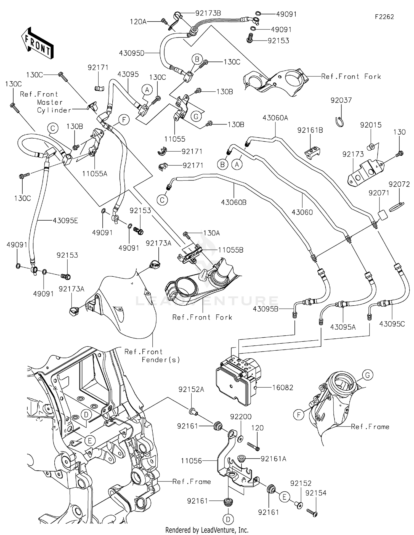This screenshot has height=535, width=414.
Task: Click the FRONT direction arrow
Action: (37, 43)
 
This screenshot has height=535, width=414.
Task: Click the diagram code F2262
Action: (384, 17)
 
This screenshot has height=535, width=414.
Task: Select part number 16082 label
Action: (283, 388)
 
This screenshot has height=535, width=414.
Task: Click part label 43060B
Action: (233, 202)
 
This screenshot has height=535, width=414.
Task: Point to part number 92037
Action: (341, 100)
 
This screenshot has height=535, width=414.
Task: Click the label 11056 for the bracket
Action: (192, 461)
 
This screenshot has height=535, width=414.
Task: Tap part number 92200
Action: (241, 417)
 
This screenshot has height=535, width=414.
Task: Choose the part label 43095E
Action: (65, 221)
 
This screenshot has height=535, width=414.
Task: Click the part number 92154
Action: (316, 493)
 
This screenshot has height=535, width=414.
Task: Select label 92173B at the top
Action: (208, 13)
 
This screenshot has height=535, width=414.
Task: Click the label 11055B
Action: (231, 250)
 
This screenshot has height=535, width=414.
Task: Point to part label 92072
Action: (399, 184)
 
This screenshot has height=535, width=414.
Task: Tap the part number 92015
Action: (371, 125)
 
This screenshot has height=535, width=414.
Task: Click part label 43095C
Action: (392, 324)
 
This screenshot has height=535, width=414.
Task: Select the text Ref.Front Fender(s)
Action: (152, 356)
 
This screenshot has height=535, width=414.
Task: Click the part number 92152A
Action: (191, 390)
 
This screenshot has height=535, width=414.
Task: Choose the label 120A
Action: (138, 22)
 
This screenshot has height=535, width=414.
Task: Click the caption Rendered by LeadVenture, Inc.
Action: (207, 530)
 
